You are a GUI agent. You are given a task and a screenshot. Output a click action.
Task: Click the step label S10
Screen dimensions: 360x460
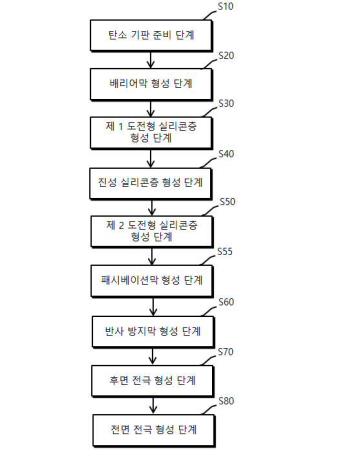pos(226,6)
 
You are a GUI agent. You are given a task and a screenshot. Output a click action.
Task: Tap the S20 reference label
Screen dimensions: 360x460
pos(226,55)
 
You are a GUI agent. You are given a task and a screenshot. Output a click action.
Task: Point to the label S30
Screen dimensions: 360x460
pos(226,104)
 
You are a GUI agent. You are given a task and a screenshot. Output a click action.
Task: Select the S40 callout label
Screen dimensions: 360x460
pos(226,154)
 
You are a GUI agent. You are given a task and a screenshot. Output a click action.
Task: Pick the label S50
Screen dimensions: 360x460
pos(227,202)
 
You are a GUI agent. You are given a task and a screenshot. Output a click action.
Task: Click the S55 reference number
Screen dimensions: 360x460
pos(225,251)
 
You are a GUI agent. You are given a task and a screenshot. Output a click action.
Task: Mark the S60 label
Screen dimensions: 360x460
pos(226,302)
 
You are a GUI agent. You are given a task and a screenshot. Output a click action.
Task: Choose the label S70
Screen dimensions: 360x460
pos(226,352)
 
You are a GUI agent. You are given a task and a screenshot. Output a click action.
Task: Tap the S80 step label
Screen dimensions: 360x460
pos(226,401)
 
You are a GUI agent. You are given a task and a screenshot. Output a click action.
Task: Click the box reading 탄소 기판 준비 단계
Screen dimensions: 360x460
pos(151,35)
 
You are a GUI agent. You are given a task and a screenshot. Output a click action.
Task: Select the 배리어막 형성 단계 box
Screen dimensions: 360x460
pos(151,84)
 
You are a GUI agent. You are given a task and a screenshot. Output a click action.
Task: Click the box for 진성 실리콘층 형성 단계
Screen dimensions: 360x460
pos(150,183)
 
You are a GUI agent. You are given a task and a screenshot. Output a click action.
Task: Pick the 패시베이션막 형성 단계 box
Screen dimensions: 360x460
pos(152,281)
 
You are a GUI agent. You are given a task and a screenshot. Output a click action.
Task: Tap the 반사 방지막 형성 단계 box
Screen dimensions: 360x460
pos(153,331)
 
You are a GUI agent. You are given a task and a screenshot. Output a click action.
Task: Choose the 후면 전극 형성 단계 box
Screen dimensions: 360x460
pos(152,381)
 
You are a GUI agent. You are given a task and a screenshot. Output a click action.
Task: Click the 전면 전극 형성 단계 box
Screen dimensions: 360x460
pos(154,430)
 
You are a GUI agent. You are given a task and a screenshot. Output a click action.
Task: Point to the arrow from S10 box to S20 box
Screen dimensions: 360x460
pos(151,60)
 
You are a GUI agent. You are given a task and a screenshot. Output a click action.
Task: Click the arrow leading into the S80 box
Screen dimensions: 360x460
pos(153,405)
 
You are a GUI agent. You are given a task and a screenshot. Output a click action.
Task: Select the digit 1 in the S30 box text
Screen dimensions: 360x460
pos(120,126)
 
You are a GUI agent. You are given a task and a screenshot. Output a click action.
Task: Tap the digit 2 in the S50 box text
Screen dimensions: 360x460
pos(121,225)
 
